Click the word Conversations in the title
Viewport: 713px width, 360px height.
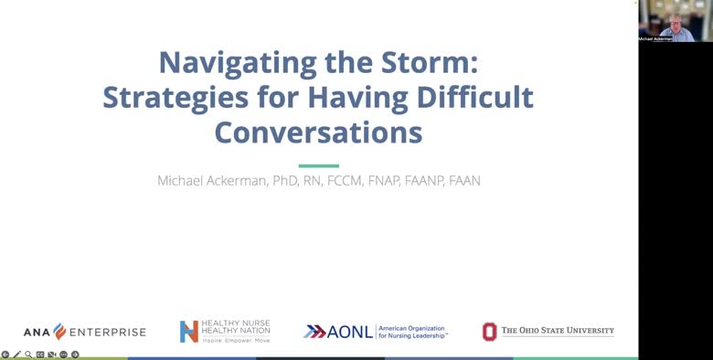[318, 132]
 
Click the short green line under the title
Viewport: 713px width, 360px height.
[318, 165]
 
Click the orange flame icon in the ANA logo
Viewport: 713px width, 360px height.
[59, 331]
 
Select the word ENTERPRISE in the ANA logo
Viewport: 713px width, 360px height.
[107, 332]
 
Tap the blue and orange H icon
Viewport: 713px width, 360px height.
[188, 331]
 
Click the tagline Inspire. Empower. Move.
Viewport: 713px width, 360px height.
[236, 340]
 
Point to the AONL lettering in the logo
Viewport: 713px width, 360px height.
[351, 331]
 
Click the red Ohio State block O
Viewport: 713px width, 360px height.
[490, 331]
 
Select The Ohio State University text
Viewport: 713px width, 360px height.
[558, 331]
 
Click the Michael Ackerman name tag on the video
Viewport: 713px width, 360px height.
[654, 38]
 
